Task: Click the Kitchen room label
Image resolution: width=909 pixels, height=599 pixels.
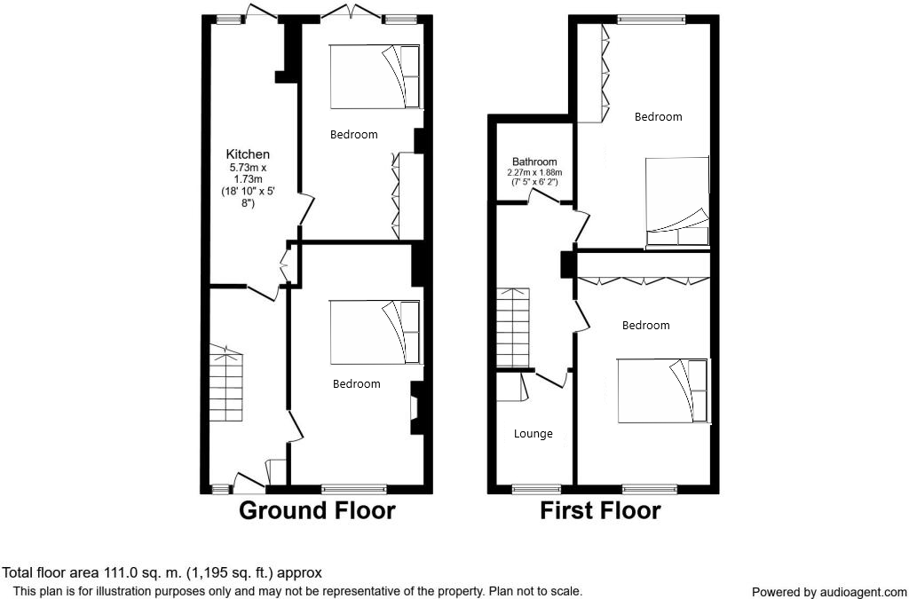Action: [248, 154]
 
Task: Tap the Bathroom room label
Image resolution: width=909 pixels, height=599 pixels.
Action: [534, 162]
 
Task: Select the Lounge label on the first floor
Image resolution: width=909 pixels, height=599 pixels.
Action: [534, 434]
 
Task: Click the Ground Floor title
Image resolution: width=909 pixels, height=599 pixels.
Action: [317, 511]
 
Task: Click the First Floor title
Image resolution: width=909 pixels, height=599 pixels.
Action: [601, 511]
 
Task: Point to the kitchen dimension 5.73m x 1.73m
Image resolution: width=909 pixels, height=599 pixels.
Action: [248, 172]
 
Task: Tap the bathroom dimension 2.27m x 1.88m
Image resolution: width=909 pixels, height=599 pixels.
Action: [534, 172]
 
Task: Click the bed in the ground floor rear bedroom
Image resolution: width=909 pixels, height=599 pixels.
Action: [375, 77]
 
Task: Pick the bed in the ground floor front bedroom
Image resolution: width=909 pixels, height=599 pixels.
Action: [375, 332]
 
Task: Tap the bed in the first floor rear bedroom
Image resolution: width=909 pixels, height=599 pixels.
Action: [676, 201]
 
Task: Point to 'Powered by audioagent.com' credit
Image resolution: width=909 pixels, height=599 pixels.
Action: [829, 592]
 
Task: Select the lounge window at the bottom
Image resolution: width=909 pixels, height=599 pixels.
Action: [536, 488]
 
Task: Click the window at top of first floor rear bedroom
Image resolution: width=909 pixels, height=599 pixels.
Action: [652, 18]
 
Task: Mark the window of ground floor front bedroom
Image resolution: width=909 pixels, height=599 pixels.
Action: [354, 488]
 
